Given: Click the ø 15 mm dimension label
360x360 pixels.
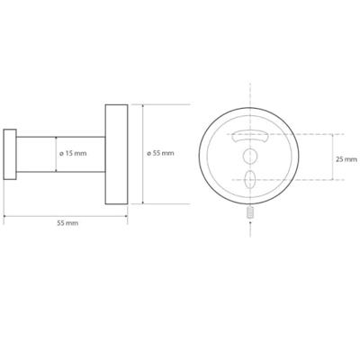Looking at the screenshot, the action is pyautogui.click(x=73, y=154).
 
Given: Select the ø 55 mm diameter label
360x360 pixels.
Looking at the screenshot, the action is pyautogui.click(x=160, y=153).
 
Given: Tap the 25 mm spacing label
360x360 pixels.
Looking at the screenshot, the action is pyautogui.click(x=346, y=159).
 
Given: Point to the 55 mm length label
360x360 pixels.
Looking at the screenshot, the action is pyautogui.click(x=67, y=223).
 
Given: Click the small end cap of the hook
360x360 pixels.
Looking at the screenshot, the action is pyautogui.click(x=10, y=155).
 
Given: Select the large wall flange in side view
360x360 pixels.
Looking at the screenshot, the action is pyautogui.click(x=116, y=154).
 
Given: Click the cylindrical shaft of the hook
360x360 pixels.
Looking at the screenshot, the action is pyautogui.click(x=60, y=155).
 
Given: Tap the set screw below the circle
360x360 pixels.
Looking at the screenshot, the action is pyautogui.click(x=250, y=213).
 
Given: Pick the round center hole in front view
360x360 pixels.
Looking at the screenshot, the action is pyautogui.click(x=249, y=157).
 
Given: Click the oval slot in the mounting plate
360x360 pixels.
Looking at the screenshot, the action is pyautogui.click(x=250, y=179).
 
